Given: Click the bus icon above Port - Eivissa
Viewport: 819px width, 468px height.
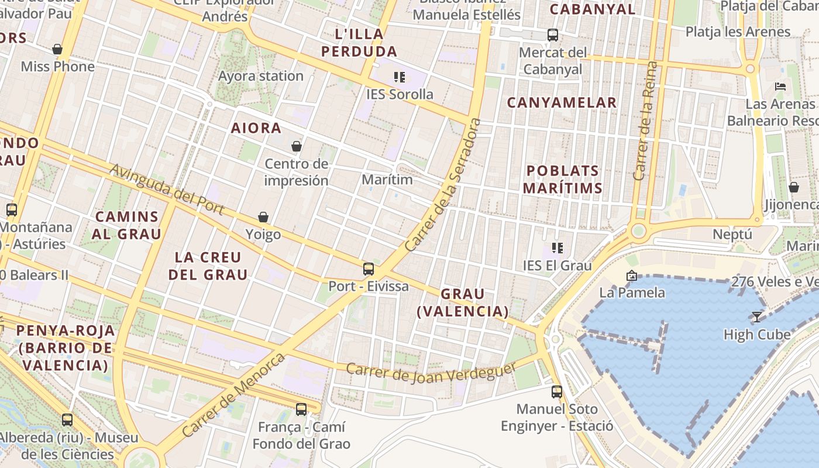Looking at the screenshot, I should coord(368,269).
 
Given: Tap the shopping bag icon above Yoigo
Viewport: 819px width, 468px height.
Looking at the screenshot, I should coord(263,218).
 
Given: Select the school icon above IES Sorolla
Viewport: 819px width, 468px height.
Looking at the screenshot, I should coord(400,77).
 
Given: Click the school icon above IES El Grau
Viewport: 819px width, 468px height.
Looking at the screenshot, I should coord(557,248).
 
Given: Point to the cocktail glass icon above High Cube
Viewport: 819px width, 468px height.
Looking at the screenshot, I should coord(757,317).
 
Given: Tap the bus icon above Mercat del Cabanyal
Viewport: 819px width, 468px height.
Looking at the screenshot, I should coord(553,35).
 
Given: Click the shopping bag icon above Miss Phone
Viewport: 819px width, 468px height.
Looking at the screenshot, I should coord(57,50).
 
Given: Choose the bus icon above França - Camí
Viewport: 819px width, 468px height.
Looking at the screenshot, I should coord(301,409).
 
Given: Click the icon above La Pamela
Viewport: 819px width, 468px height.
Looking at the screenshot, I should coord(632,276).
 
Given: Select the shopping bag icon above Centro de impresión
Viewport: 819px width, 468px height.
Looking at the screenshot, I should coord(297,146).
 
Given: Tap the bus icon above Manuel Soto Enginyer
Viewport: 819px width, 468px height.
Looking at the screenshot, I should coord(557,392).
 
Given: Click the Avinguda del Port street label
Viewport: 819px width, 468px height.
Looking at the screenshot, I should coord(167,189).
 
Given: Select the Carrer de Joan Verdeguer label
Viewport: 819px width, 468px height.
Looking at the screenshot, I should coord(431,371).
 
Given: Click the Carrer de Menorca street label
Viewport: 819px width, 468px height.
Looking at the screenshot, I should coord(234,394).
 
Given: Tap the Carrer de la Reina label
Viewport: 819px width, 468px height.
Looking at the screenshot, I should coord(646,121).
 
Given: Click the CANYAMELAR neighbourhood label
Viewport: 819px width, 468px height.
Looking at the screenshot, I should coord(562,102).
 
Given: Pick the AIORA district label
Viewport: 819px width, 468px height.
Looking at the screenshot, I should coord(256,128).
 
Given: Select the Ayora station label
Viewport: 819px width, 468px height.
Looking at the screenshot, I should coord(261,76).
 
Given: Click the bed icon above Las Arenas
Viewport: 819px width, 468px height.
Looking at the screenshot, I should coord(780,87).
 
